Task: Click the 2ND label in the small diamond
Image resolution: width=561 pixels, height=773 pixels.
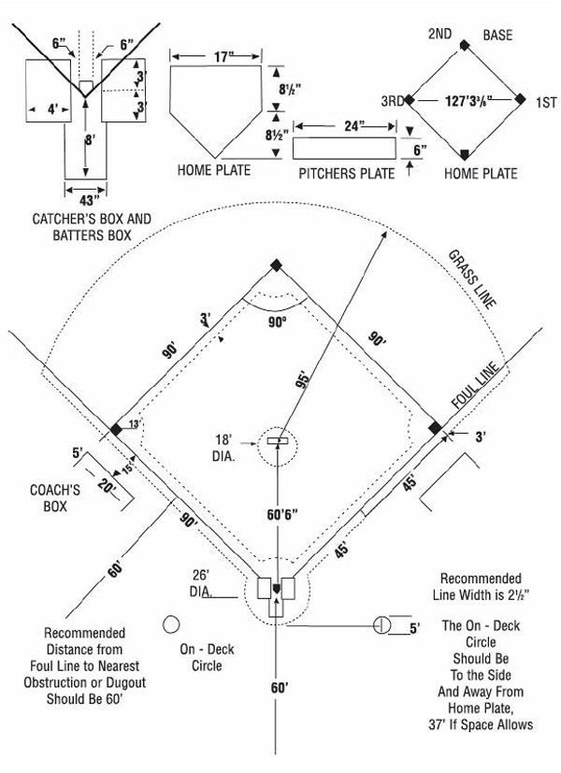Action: click(439, 35)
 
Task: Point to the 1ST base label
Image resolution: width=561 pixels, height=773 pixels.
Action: click(540, 99)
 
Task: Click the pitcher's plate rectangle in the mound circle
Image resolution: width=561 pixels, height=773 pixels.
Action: click(276, 439)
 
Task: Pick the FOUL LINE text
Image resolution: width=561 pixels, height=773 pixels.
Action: click(478, 384)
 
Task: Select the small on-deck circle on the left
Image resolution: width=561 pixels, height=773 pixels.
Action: click(171, 623)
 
